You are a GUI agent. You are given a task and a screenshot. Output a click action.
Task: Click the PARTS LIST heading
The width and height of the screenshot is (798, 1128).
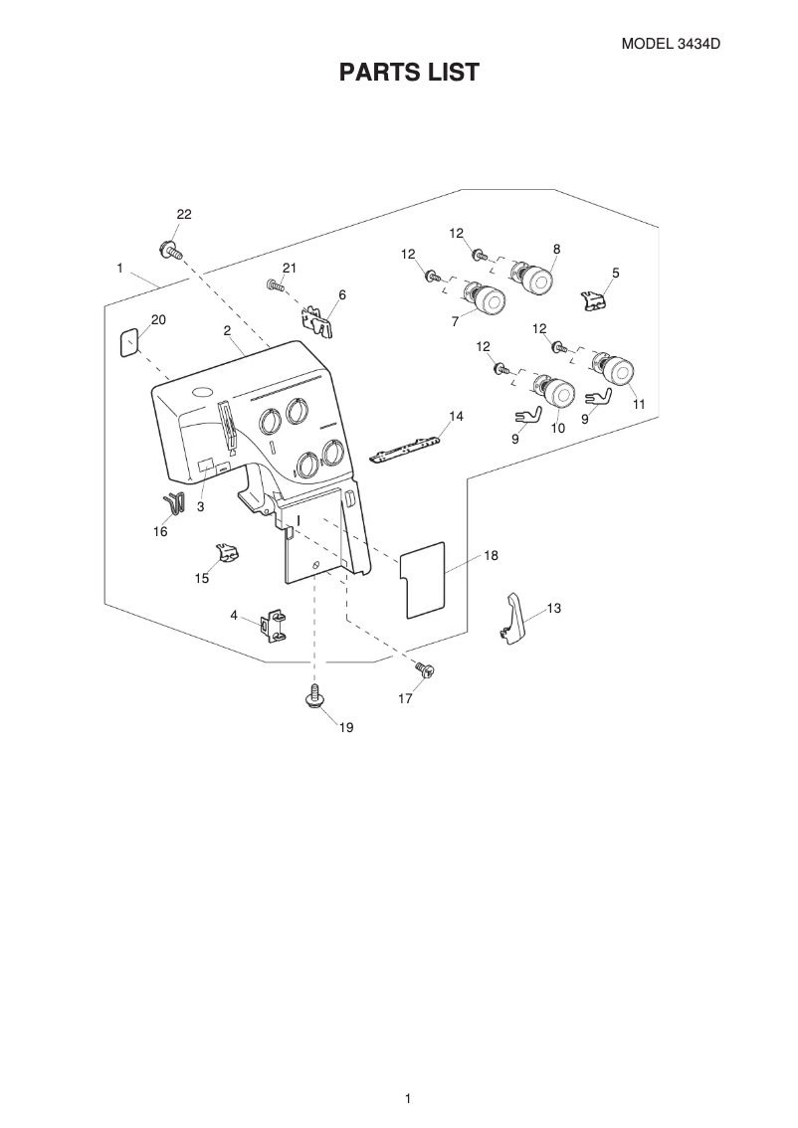click(409, 72)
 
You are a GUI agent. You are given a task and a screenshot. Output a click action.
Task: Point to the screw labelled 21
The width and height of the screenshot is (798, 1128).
click(275, 286)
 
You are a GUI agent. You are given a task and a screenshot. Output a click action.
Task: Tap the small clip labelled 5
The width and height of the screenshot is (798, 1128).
click(595, 298)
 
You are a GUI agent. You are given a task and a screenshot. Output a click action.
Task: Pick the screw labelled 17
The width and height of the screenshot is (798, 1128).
click(427, 672)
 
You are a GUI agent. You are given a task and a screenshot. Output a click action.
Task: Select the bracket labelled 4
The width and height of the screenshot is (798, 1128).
click(273, 626)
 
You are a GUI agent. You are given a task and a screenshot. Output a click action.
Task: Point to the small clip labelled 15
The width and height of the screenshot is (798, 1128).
click(227, 552)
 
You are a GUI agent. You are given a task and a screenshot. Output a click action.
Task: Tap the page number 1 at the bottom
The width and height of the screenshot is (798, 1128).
click(408, 1098)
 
